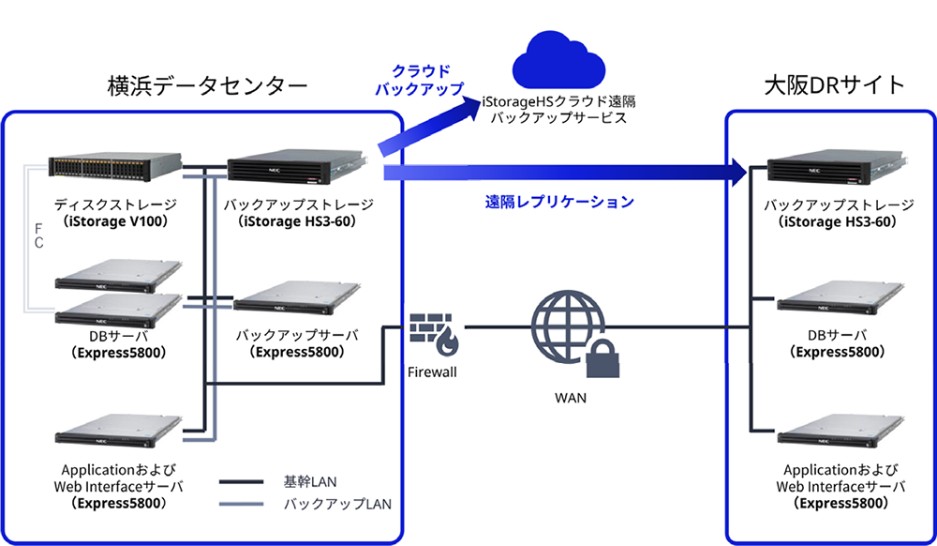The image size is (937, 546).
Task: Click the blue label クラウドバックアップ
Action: pos(419,81)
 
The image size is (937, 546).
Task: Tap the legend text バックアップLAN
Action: pos(336,503)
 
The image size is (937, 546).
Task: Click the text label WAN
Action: pos(571,397)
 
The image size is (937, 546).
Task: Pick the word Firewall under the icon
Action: pos(432,372)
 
